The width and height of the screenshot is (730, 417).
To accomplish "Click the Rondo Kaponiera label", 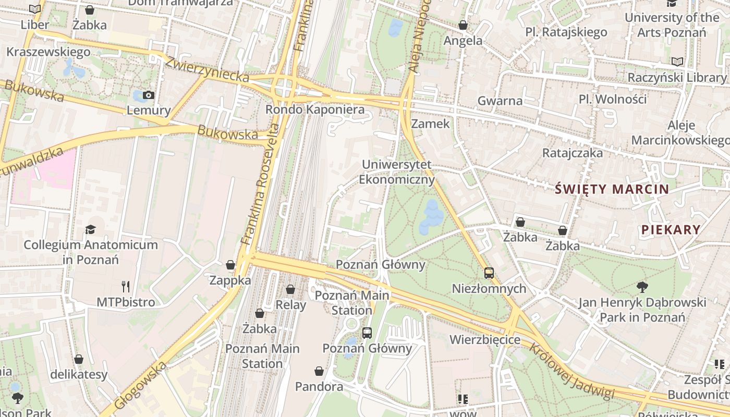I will point(315,110).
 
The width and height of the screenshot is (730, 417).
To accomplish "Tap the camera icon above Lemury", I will point(149,95).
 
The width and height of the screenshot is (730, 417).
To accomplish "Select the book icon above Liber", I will point(35,9).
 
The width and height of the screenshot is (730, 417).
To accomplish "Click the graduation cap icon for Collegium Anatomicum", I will point(91,229).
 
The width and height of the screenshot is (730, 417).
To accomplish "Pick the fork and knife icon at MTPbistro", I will point(125,286).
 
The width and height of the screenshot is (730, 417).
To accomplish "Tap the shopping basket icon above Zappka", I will point(230,265).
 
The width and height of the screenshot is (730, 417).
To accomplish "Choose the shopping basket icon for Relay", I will point(290,289).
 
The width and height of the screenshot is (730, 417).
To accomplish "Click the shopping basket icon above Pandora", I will point(319,371).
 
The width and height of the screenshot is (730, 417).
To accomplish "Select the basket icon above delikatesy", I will point(79,359).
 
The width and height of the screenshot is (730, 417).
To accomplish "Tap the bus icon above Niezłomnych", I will point(489,273).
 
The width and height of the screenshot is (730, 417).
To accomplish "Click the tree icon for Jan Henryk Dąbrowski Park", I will point(642,286).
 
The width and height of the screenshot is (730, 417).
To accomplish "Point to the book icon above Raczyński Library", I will point(677,62).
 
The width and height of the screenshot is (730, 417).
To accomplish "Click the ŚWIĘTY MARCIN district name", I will point(612,189).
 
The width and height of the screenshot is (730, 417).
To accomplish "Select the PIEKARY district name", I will point(671,230).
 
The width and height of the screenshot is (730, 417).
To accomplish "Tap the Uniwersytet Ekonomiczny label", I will point(397,173).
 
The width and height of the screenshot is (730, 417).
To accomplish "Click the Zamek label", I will point(430,124).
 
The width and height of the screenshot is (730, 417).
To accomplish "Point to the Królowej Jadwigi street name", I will point(572,372).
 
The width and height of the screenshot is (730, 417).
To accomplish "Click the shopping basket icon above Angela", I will point(463,25).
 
